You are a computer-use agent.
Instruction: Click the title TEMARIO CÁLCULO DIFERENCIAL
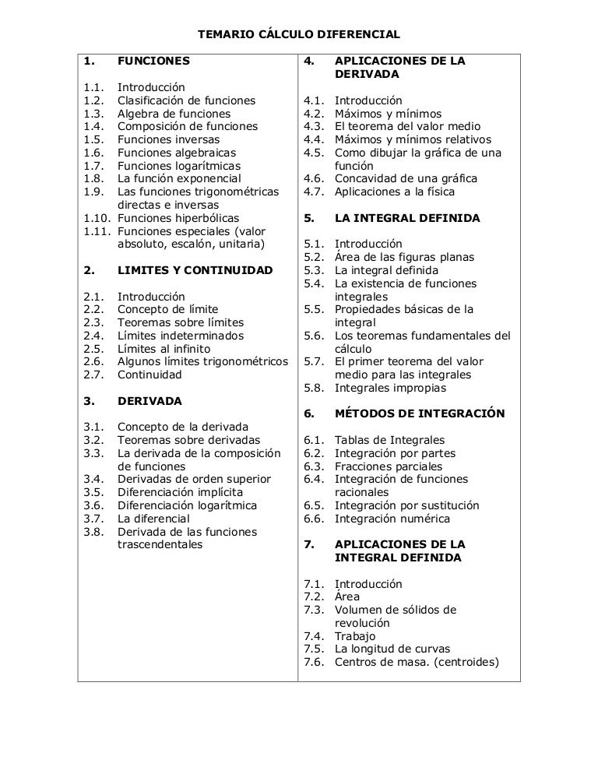299,35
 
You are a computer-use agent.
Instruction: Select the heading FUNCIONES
153,61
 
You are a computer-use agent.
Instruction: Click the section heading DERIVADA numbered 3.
149,401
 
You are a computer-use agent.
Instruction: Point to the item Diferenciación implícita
180,492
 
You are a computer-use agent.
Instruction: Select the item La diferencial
153,519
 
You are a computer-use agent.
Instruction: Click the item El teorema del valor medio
407,126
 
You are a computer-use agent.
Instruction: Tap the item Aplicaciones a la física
395,192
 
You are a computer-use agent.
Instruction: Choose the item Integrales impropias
391,388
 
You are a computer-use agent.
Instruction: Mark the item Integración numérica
392,519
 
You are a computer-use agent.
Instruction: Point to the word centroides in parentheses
463,663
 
